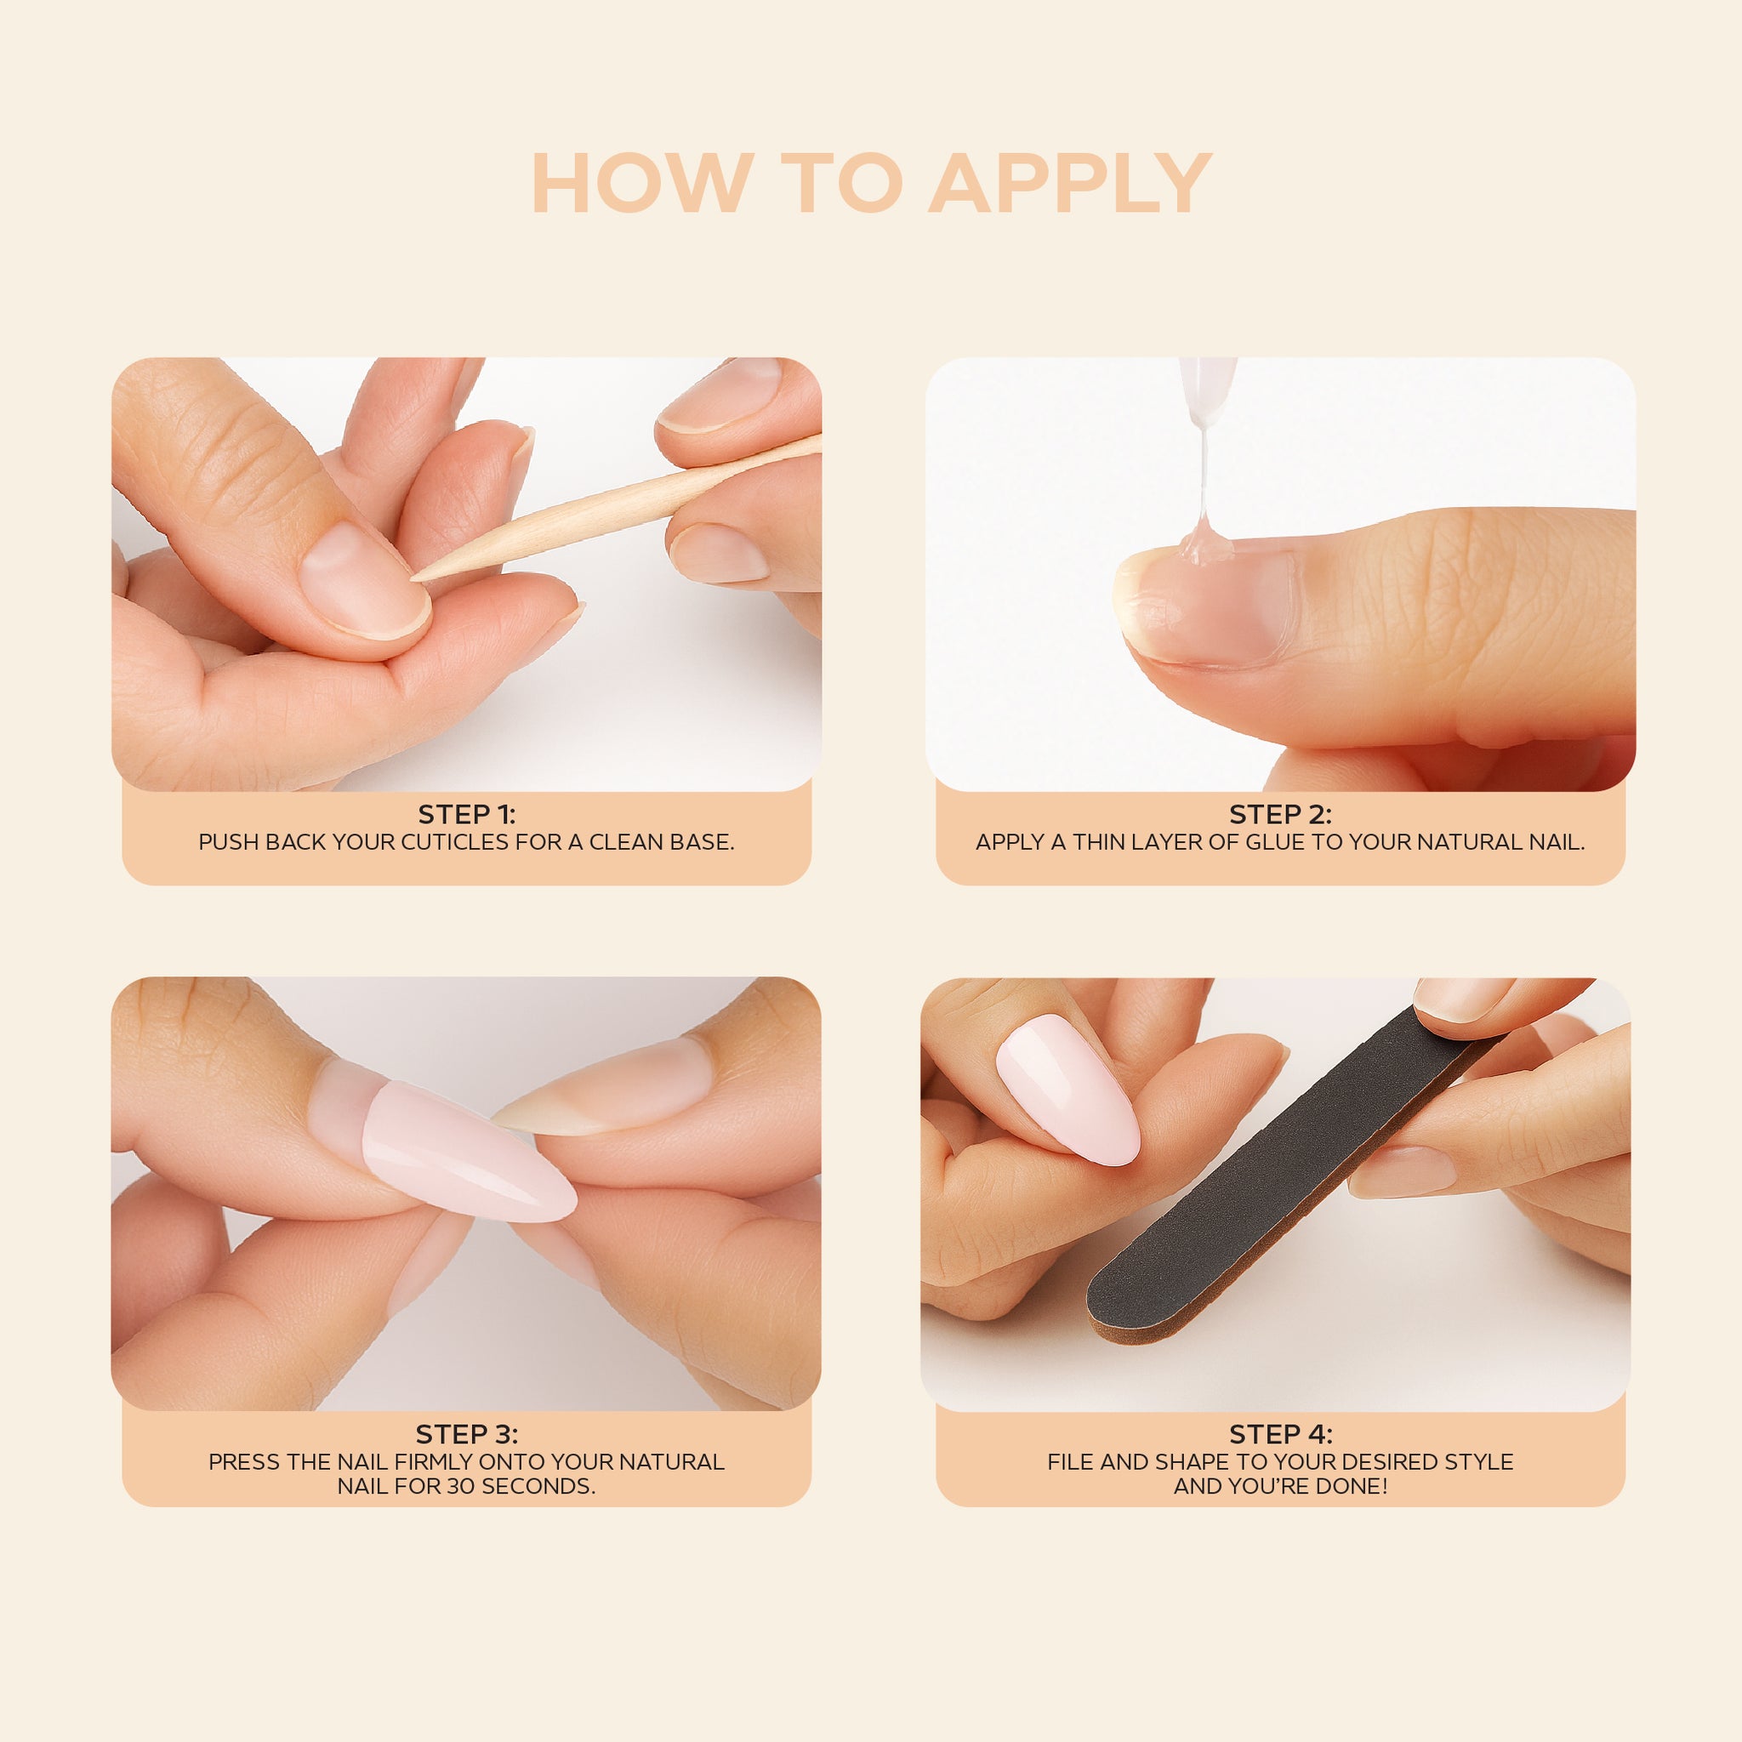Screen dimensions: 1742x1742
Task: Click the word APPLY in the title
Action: [1070, 183]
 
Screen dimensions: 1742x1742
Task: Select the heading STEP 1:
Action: [466, 814]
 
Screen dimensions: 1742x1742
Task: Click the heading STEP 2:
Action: [1280, 814]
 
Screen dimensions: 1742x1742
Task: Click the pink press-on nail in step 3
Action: [467, 1153]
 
